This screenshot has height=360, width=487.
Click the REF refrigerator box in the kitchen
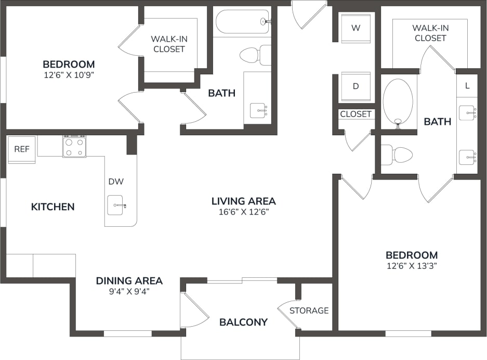point(21,149)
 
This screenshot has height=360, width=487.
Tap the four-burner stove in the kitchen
point(74,146)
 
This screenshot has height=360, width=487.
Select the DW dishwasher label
point(116,182)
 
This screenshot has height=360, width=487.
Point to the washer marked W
point(356,28)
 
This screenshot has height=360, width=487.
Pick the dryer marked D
point(356,86)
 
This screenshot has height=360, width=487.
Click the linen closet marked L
point(467,86)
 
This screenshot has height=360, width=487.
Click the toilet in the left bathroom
point(255,55)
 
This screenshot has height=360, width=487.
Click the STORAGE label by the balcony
point(309,311)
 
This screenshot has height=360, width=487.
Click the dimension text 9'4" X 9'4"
point(129,292)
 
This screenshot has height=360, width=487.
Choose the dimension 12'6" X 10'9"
point(69,75)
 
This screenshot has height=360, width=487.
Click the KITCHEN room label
point(52,207)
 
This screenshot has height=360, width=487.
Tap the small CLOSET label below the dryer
point(356,114)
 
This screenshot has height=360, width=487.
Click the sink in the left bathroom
point(259,110)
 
